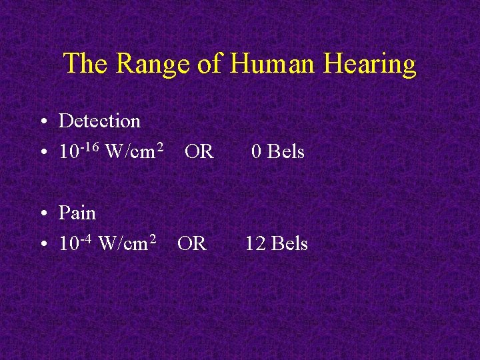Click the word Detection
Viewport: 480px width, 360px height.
[99, 121]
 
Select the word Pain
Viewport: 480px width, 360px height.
[77, 213]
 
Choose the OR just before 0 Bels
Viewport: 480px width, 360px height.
[199, 152]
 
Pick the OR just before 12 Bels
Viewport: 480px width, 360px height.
[192, 244]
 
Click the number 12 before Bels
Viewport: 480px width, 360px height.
[255, 244]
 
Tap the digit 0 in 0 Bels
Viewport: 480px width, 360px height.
[256, 152]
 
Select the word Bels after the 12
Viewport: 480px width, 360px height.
[289, 244]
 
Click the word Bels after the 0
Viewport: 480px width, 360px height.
[286, 152]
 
